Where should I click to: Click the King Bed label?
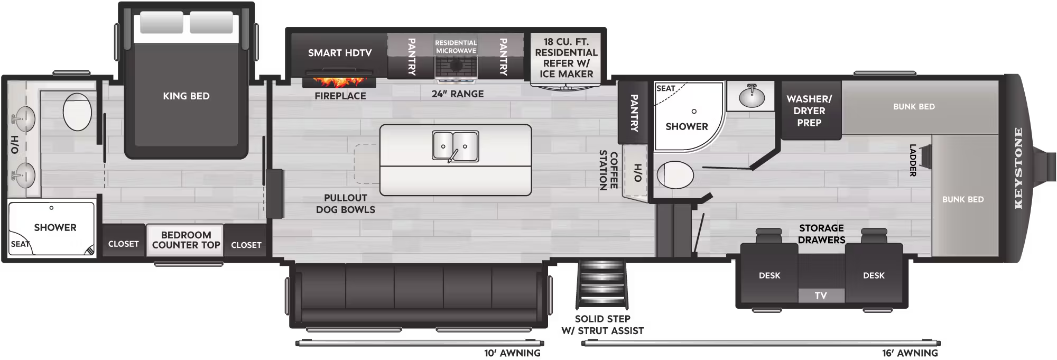tap(186, 96)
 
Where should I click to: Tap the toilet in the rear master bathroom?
tap(77, 112)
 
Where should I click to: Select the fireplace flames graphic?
tap(339, 82)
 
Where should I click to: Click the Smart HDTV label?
tap(340, 53)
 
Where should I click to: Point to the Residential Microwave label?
tap(456, 47)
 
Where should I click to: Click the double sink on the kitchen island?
tap(455, 146)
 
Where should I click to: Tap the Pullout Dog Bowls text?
tap(346, 204)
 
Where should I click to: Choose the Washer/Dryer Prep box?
tap(809, 110)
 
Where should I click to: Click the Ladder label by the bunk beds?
tap(913, 160)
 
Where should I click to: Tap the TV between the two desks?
tap(821, 296)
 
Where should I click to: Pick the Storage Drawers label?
tap(821, 234)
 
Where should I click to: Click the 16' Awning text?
tap(910, 353)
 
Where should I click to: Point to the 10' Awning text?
tap(512, 353)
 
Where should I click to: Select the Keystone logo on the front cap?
tap(1018, 168)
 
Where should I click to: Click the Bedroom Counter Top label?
tap(186, 240)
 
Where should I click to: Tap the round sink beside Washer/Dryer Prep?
tap(752, 97)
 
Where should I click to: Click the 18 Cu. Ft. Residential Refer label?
tap(566, 58)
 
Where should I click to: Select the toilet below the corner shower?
tap(675, 175)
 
